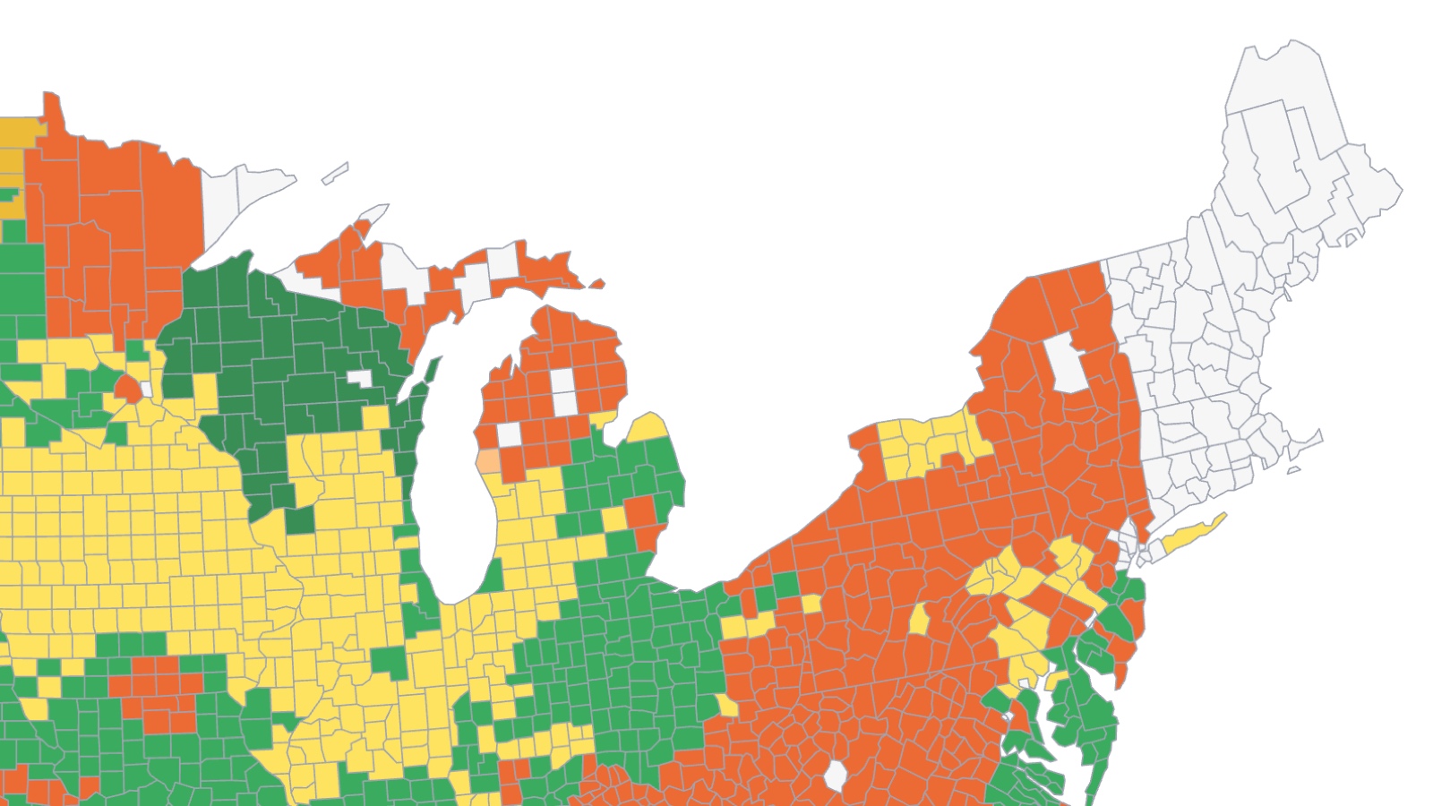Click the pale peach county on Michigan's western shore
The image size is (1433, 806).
tap(488, 461)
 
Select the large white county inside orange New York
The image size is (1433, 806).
tap(1067, 362)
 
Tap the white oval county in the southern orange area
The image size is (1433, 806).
tap(835, 776)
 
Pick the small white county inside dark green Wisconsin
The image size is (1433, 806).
tap(360, 378)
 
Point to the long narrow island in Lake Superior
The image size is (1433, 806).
tap(335, 172)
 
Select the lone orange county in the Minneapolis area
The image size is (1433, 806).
tap(127, 388)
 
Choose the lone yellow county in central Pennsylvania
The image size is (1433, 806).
tap(919, 618)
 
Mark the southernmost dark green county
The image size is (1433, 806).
tap(301, 519)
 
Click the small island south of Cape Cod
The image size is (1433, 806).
tap(1293, 469)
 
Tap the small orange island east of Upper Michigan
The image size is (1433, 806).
tap(596, 285)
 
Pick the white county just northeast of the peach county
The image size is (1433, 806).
tap(509, 434)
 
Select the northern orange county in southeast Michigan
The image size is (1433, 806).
tap(639, 511)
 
